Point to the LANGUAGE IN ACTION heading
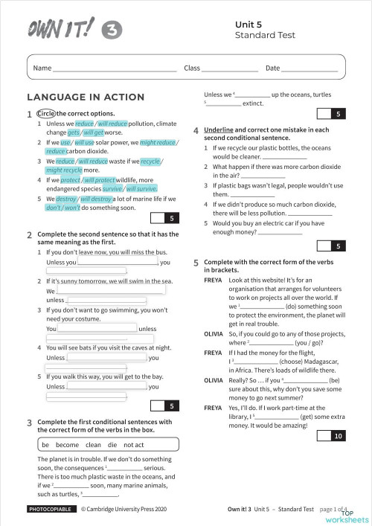pos(85,97)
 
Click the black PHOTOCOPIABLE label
pos(51,510)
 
